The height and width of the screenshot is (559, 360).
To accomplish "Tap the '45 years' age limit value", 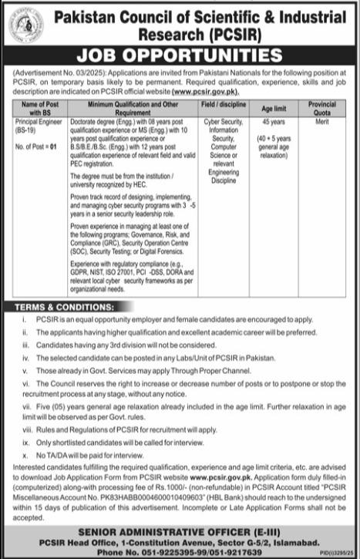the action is tap(273, 122).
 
